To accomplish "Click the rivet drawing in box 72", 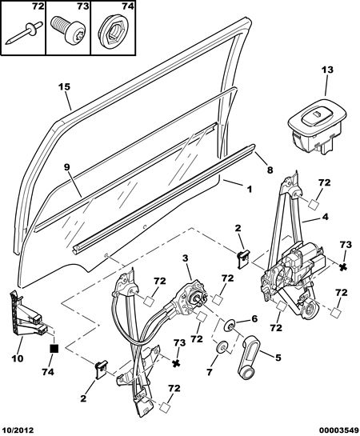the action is coord(24,34).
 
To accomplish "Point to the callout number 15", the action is coord(64,86).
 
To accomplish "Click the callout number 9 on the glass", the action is coord(66,167).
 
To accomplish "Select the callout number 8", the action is coord(270,170).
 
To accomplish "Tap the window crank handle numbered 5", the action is coord(250,358).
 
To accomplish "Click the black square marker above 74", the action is coord(54,349).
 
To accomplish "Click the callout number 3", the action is coord(186,258).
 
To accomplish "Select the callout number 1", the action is coord(250,190).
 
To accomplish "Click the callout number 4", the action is coord(326,217).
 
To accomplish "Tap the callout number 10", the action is coord(18,358).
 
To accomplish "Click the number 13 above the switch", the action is coord(327,70).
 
